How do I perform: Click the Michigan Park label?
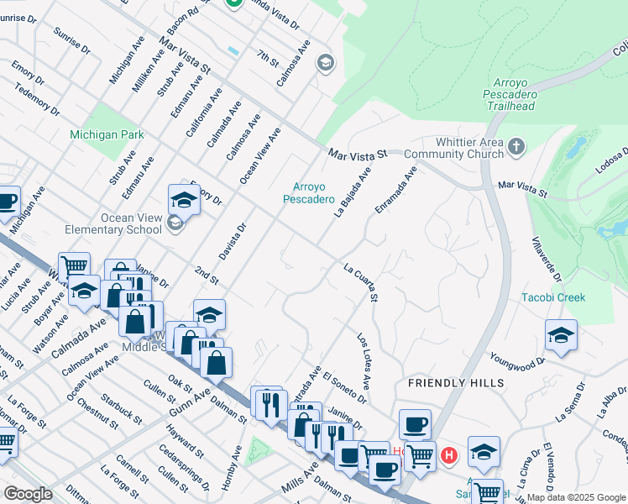coord(107,134)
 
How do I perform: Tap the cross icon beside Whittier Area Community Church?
coord(515,148)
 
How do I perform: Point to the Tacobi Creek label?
coord(553,297)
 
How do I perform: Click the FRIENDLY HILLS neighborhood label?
coord(456,383)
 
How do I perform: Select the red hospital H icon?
coord(449,456)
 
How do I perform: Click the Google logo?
coord(28,494)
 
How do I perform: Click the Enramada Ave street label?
coord(396,190)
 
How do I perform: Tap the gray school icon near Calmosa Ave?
coord(325,63)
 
